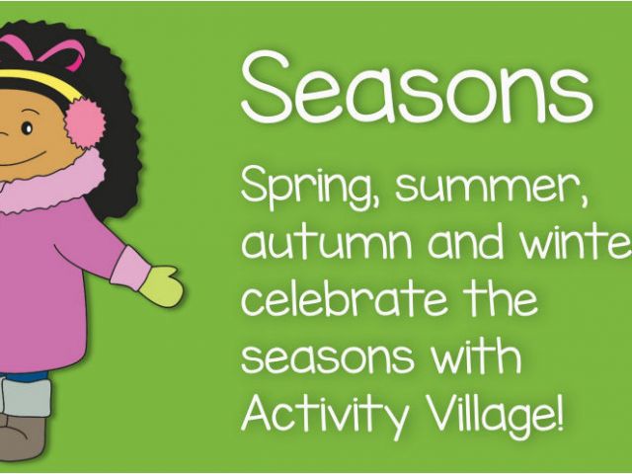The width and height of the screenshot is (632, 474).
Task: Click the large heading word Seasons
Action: pos(417,88)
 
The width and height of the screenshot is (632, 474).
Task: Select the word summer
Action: pos(491,190)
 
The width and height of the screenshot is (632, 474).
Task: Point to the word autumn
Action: pos(327,242)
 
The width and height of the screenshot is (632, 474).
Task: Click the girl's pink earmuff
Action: pos(85,122)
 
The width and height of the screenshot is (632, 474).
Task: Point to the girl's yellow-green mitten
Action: pos(162,285)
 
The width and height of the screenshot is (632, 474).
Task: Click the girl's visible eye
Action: pos(27,128)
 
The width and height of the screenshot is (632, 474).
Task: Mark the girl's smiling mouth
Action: pos(20,160)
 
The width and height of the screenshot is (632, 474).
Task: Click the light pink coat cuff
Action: pos(130,269)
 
